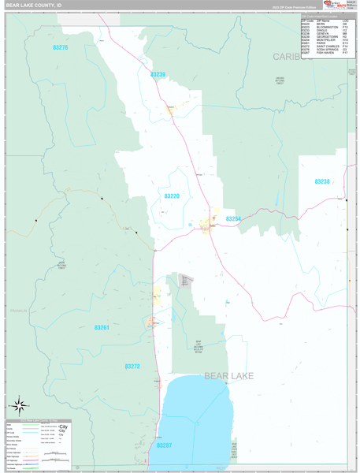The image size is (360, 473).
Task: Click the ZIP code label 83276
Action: tap(61, 48)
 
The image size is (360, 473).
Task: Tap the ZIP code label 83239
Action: tap(158, 75)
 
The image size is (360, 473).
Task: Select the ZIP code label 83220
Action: tap(172, 196)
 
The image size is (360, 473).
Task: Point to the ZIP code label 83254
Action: tap(233, 219)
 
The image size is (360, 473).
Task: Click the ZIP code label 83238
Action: tap(322, 182)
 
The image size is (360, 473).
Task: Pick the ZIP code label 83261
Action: tap(102, 328)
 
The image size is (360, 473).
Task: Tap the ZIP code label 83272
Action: tap(132, 367)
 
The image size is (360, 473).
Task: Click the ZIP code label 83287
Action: tap(164, 445)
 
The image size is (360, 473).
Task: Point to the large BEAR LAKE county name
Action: tap(229, 376)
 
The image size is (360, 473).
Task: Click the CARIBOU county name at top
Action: tap(288, 57)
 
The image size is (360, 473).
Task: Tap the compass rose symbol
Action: tap(19, 406)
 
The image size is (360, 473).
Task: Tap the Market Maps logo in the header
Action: tap(334, 5)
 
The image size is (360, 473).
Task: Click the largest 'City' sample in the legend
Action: tap(64, 426)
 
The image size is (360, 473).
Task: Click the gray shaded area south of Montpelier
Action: tap(186, 281)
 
